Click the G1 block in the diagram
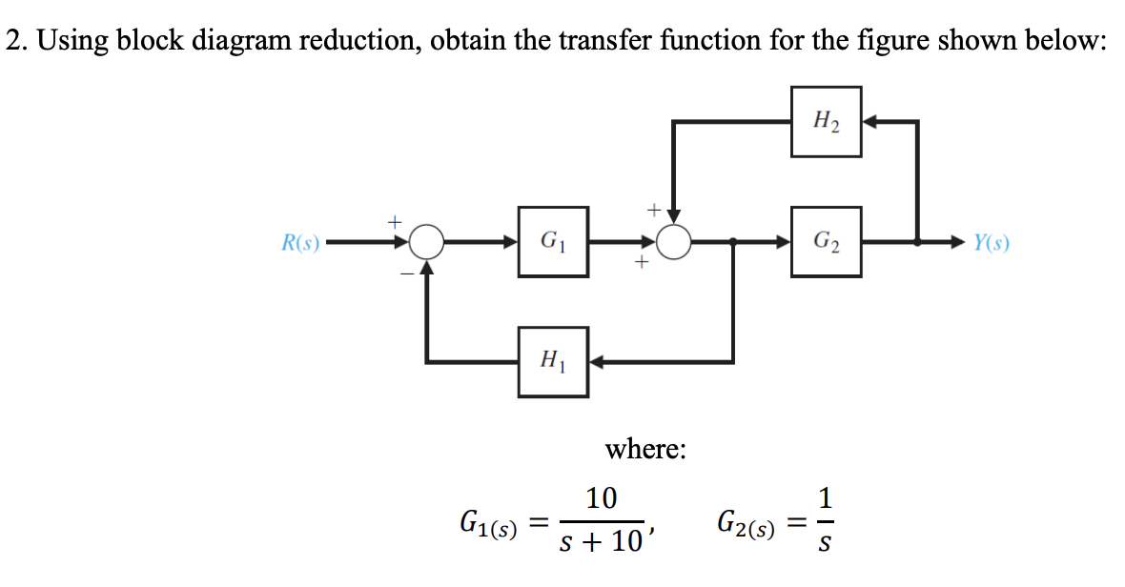(553, 242)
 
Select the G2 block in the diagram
(826, 242)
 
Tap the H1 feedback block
(553, 362)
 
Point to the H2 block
(826, 121)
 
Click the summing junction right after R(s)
(428, 243)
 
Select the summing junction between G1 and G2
(675, 243)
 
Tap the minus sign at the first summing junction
(404, 273)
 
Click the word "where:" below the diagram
(645, 448)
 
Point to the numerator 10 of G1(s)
(602, 497)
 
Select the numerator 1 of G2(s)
(827, 497)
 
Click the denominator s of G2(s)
(827, 544)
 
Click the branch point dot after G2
(917, 243)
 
